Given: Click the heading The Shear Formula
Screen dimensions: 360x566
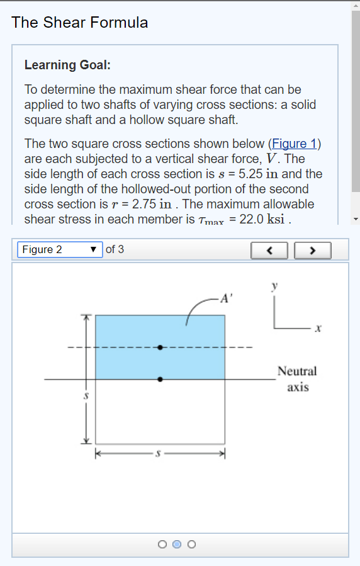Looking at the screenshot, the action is click(x=80, y=23).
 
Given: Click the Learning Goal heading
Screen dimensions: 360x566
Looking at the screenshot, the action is click(x=67, y=65).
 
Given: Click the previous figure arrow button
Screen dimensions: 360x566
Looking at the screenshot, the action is click(x=269, y=250).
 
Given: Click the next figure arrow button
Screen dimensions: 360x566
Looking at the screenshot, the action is click(x=313, y=250).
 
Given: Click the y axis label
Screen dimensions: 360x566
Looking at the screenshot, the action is click(x=274, y=286).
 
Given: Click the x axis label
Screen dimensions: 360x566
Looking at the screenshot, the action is click(x=318, y=329).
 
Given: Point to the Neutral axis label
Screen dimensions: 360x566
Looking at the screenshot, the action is click(x=298, y=379).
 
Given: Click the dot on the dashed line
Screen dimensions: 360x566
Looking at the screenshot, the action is click(x=160, y=347).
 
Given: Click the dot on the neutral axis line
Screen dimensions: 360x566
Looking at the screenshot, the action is click(x=160, y=379).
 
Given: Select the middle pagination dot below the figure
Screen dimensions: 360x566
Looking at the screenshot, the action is click(x=177, y=544).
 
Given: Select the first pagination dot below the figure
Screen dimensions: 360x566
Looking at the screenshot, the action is click(x=162, y=544).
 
